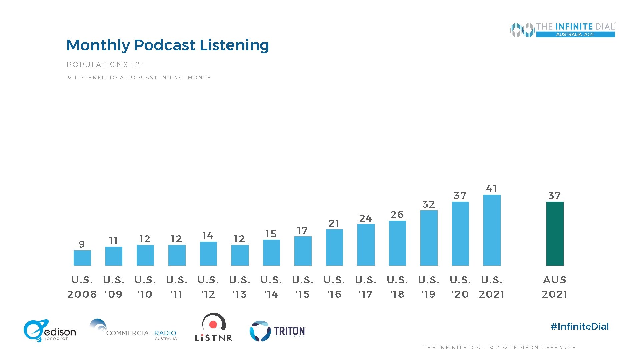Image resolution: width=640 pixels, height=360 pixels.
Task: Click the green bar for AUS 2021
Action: (555, 234)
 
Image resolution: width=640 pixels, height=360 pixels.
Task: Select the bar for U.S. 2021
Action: (492, 230)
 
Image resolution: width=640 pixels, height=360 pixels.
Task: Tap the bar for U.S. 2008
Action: (82, 258)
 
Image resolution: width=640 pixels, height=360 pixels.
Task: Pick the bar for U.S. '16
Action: (334, 248)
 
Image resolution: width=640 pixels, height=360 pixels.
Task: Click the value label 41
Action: (492, 189)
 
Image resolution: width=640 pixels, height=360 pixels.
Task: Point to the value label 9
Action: (82, 244)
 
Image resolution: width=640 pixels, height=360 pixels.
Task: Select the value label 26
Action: (397, 215)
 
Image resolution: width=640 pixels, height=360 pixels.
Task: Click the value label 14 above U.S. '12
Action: (208, 236)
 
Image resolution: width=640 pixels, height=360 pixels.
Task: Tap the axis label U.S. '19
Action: (429, 287)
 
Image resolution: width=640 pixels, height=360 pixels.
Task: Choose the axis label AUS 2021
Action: (555, 287)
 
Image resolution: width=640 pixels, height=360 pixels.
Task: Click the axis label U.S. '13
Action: (240, 287)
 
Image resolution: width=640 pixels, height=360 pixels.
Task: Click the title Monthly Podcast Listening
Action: (168, 45)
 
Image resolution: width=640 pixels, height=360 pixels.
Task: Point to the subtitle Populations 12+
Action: (105, 65)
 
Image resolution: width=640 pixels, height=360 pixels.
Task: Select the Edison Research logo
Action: (50, 331)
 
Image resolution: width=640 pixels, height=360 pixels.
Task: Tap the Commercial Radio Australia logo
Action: (133, 330)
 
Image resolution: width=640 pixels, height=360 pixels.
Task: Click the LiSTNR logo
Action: (214, 327)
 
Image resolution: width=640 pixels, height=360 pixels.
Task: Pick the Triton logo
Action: (278, 331)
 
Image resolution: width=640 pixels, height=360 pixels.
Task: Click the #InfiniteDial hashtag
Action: (580, 326)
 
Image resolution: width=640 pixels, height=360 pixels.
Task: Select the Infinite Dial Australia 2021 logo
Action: (563, 30)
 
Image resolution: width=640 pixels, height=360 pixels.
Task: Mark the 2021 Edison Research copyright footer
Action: (500, 348)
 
